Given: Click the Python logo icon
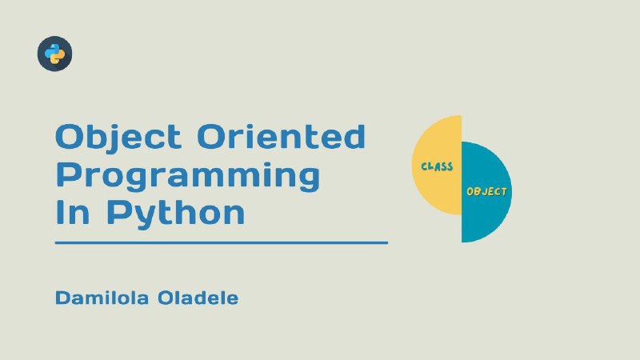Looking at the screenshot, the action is tap(54, 54).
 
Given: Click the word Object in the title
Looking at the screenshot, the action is tap(118, 138).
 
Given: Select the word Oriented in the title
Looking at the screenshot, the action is tap(282, 136).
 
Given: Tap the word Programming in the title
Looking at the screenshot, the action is tap(188, 176).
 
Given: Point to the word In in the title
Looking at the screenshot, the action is tap(72, 212).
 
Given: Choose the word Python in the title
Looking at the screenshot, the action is tap(176, 214).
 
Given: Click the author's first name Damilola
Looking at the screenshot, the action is tap(102, 298).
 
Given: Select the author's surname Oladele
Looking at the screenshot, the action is tap(198, 298).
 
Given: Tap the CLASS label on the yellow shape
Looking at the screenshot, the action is tap(437, 166).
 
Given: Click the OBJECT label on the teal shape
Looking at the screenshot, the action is tap(486, 191).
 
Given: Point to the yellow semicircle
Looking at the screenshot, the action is tap(437, 165).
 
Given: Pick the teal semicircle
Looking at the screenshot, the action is tap(486, 192).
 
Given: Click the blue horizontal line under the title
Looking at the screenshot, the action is tap(222, 242).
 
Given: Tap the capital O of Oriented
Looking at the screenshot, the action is tap(212, 136).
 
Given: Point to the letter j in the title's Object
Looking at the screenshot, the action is tap(114, 138).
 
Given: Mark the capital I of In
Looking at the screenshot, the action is tap(59, 212).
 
